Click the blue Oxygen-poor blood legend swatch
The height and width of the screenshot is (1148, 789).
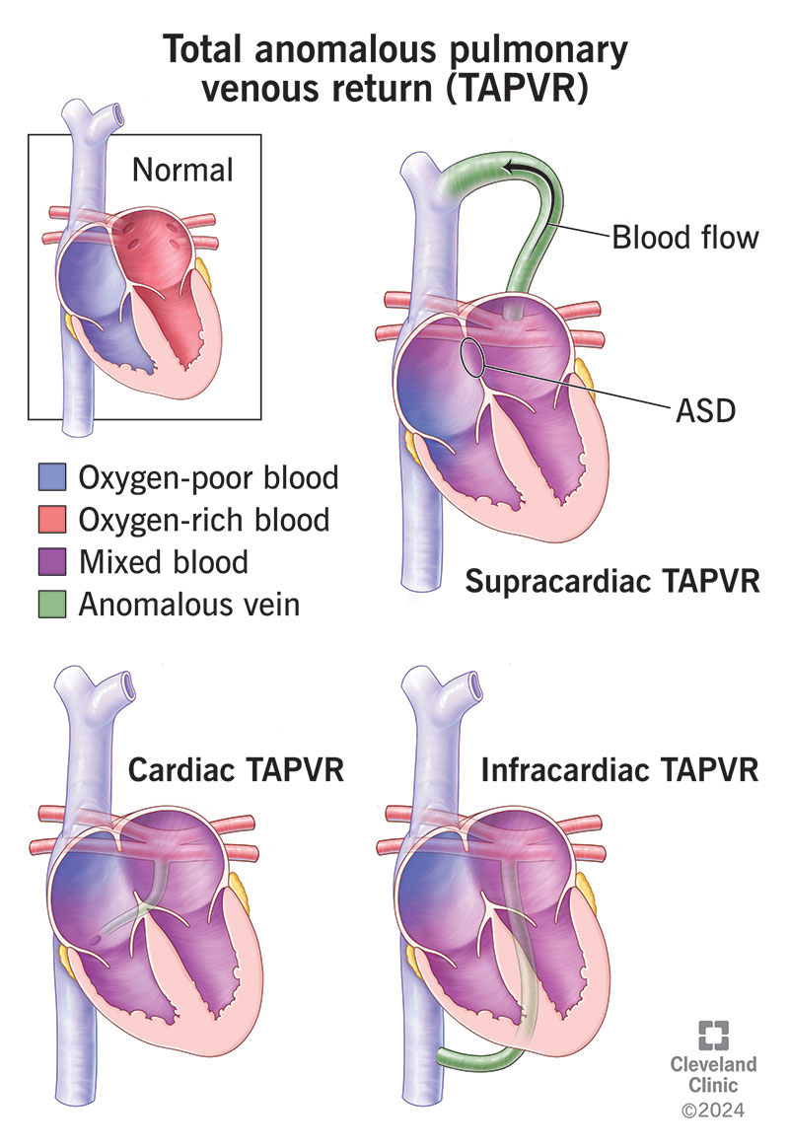pos(52,478)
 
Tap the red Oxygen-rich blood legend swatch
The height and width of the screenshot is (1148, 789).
pos(52,520)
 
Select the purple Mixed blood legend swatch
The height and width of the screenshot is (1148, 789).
pos(52,562)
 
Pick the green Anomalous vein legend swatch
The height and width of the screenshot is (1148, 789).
pos(52,604)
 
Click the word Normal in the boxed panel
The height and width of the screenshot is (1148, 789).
pos(182,170)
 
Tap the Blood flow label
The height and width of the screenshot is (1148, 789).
pos(684,237)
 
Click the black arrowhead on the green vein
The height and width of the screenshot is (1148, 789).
pos(514,175)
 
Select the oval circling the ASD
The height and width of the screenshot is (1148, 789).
pos(473,358)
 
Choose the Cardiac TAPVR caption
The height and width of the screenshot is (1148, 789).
pos(236,769)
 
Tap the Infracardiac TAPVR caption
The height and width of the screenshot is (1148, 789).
pos(620,769)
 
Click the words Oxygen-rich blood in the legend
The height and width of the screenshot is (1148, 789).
pos(204,520)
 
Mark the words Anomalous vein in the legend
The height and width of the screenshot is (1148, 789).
pos(188,604)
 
